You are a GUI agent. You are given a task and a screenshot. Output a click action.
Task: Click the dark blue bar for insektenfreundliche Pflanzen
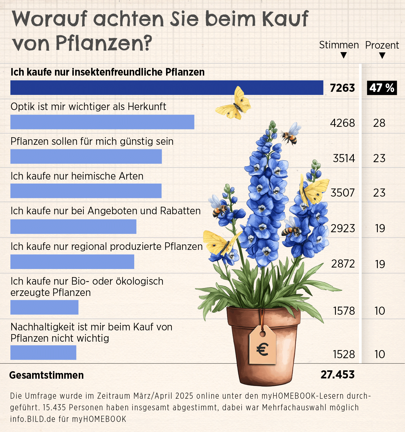point(167,88)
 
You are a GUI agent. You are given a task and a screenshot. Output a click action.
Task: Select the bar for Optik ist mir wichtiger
point(102,122)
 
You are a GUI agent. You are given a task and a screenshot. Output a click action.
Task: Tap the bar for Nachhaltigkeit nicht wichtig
point(43,353)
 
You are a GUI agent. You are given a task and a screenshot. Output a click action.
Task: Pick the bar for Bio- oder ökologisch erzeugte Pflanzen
point(44,307)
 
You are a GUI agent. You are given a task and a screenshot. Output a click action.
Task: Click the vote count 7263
point(342,88)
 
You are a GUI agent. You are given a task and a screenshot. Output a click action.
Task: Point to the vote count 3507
point(343,193)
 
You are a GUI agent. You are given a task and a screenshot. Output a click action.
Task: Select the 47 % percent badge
point(382,88)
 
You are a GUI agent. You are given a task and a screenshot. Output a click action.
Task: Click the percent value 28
point(379,123)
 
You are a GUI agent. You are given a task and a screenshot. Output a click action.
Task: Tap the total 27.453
point(337,375)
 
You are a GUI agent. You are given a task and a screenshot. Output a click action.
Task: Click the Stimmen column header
point(339,45)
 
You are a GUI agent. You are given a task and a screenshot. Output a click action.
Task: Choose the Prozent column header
point(382,45)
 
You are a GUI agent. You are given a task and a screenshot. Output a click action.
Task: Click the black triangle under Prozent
point(382,56)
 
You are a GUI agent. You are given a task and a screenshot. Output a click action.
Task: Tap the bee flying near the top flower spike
point(290,134)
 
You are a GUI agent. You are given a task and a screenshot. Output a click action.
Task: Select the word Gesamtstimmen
point(47,375)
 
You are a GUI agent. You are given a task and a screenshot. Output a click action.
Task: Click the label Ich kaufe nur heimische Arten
point(77,176)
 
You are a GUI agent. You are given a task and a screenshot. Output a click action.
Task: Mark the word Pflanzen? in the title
point(104,43)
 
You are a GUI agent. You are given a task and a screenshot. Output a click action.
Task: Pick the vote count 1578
point(344,311)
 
